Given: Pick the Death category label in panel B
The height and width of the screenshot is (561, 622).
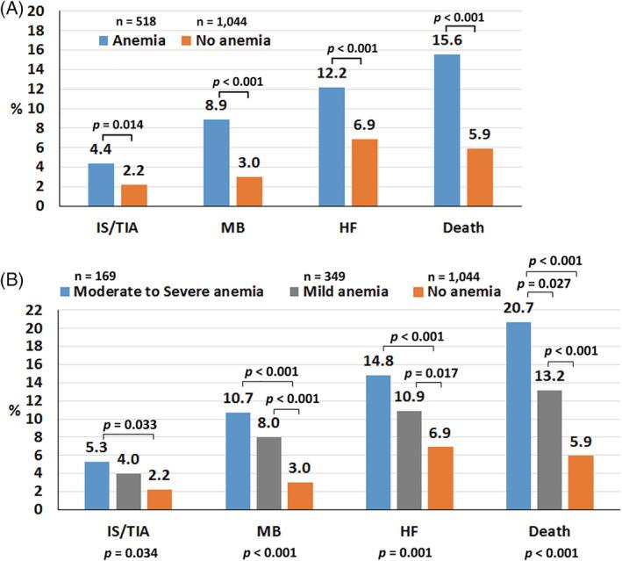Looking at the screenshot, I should pos(550,531).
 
